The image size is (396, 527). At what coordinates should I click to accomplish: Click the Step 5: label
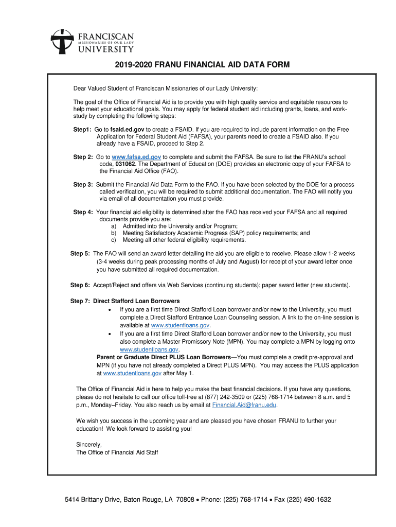80,254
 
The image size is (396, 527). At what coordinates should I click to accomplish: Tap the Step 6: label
80,285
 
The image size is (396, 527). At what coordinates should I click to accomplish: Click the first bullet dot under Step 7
110,310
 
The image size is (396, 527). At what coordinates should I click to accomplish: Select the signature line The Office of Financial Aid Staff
117,452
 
